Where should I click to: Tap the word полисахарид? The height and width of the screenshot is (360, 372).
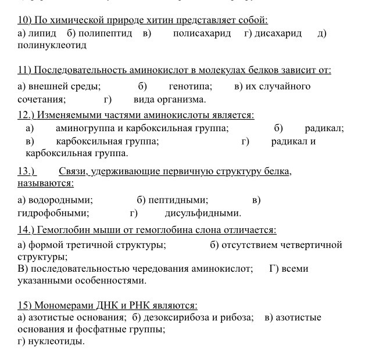click(x=202, y=34)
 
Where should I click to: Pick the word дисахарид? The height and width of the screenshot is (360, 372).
click(x=279, y=34)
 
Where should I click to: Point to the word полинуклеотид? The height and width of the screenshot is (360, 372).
click(x=52, y=45)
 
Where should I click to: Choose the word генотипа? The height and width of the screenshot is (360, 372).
click(x=191, y=87)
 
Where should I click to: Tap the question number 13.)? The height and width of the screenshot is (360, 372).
click(x=27, y=172)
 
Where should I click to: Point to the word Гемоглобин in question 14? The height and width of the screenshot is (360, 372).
click(x=65, y=230)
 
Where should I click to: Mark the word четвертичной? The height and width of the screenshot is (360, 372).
click(x=312, y=245)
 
